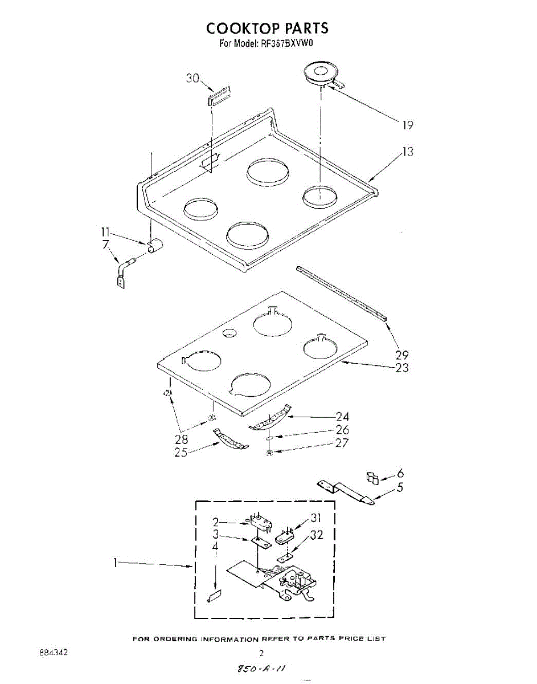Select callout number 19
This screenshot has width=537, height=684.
(x=407, y=125)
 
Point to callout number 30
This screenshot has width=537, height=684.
(x=192, y=79)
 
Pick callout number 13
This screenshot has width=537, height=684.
(x=408, y=152)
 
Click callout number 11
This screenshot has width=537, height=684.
(x=105, y=232)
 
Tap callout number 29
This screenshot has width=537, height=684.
(x=401, y=355)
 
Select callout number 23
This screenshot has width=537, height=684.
(x=401, y=368)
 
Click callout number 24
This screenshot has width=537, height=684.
(x=342, y=417)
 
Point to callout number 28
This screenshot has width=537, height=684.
(x=181, y=439)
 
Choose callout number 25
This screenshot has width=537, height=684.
(x=181, y=452)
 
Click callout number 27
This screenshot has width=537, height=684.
(x=342, y=443)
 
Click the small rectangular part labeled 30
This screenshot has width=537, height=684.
(x=218, y=95)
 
